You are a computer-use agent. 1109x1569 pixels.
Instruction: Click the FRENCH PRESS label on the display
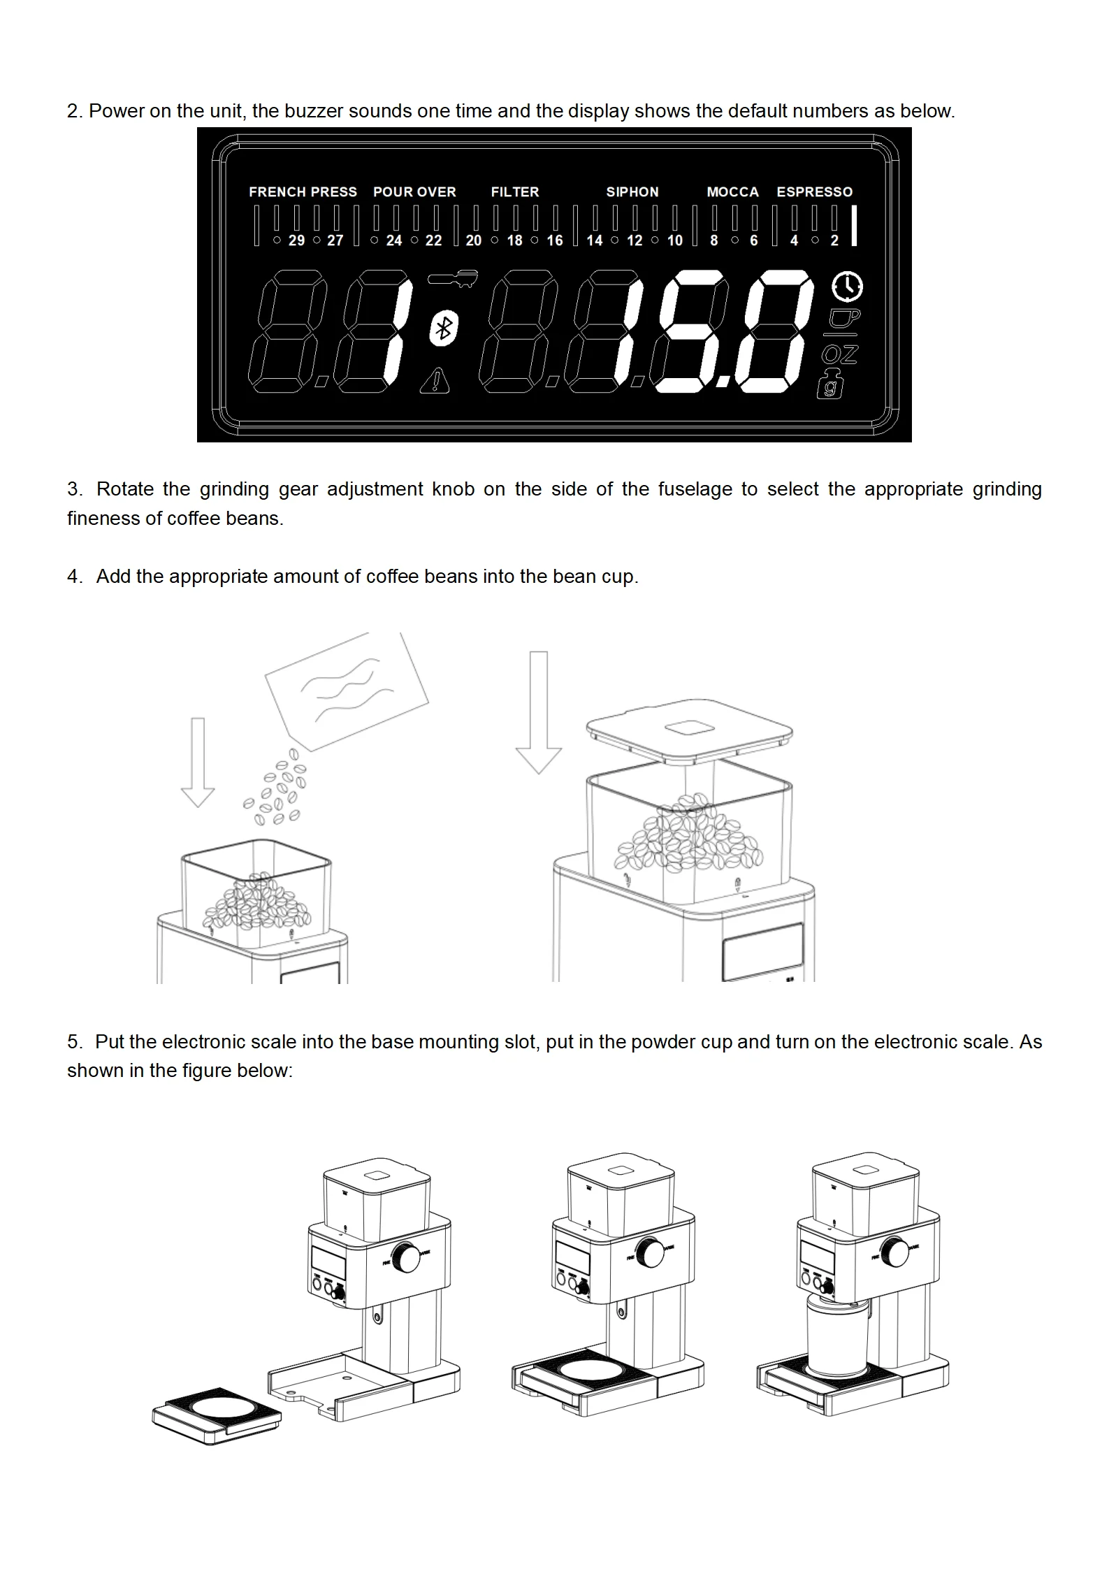click(x=303, y=191)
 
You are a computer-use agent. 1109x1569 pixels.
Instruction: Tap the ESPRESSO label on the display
click(x=814, y=191)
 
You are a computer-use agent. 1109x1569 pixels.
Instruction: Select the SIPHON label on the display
click(x=632, y=191)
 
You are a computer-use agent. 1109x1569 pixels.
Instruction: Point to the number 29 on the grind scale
click(x=296, y=240)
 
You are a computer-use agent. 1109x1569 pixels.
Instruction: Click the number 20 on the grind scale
click(x=473, y=240)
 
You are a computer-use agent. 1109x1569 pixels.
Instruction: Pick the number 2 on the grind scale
click(x=834, y=240)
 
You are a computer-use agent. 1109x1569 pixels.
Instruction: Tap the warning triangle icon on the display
click(x=435, y=381)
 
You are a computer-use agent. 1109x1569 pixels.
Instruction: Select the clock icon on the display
click(x=847, y=286)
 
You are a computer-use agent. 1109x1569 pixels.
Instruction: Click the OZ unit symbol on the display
click(x=839, y=354)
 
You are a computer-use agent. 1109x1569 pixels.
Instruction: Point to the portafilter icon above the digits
click(x=452, y=278)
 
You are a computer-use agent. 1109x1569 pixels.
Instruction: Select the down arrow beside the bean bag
click(x=198, y=762)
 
